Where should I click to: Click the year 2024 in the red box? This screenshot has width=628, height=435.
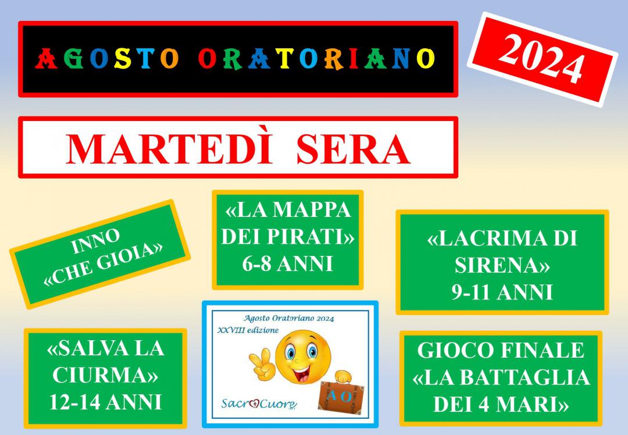pyautogui.click(x=541, y=59)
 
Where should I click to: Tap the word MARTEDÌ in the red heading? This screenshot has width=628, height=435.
pyautogui.click(x=169, y=149)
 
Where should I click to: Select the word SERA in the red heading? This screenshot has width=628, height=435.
pyautogui.click(x=354, y=149)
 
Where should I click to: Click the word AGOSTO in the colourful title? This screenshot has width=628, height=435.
pyautogui.click(x=106, y=59)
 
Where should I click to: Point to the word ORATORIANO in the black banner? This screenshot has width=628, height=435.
pyautogui.click(x=316, y=59)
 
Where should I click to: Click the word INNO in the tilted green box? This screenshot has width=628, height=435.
pyautogui.click(x=96, y=241)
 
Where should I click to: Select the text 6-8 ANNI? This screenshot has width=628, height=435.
pyautogui.click(x=288, y=264)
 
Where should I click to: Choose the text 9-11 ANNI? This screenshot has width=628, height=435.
pyautogui.click(x=502, y=292)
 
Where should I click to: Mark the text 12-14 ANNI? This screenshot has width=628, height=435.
pyautogui.click(x=106, y=402)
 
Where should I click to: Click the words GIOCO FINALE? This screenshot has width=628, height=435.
pyautogui.click(x=501, y=350)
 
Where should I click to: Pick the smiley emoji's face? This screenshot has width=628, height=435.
pyautogui.click(x=303, y=356)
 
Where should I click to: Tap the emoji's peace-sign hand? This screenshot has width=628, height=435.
pyautogui.click(x=263, y=363)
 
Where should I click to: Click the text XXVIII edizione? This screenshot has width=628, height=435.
pyautogui.click(x=248, y=330)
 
